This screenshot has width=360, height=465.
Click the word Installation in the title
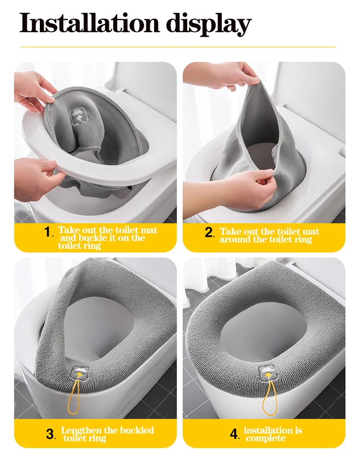click(x=89, y=23)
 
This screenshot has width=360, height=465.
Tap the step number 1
click(x=48, y=232)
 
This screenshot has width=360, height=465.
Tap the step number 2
click(x=209, y=232)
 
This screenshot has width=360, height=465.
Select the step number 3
click(x=50, y=434)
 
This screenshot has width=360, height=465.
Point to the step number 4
click(x=234, y=434)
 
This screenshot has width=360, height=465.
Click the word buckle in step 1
click(x=92, y=238)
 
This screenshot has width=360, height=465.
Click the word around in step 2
click(x=234, y=239)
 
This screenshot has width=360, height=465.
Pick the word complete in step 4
click(x=266, y=439)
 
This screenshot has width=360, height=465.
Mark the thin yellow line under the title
click(x=179, y=47)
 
